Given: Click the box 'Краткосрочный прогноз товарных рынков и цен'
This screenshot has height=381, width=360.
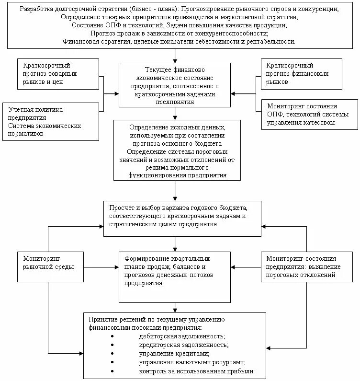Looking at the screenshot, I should [x=58, y=74].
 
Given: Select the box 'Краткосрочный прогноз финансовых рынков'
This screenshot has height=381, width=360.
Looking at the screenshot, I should [x=301, y=74].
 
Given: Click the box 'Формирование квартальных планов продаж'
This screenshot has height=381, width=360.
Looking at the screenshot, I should [x=174, y=275].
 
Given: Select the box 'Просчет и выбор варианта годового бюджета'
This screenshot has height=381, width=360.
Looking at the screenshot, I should [x=182, y=218].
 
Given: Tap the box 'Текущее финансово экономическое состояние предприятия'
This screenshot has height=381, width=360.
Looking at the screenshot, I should [x=175, y=84].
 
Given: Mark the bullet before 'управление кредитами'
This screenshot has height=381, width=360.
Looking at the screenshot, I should [x=112, y=354].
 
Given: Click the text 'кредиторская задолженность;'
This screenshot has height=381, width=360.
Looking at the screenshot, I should [x=183, y=345].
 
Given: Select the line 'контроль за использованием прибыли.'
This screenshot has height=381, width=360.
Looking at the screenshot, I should [x=196, y=371].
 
